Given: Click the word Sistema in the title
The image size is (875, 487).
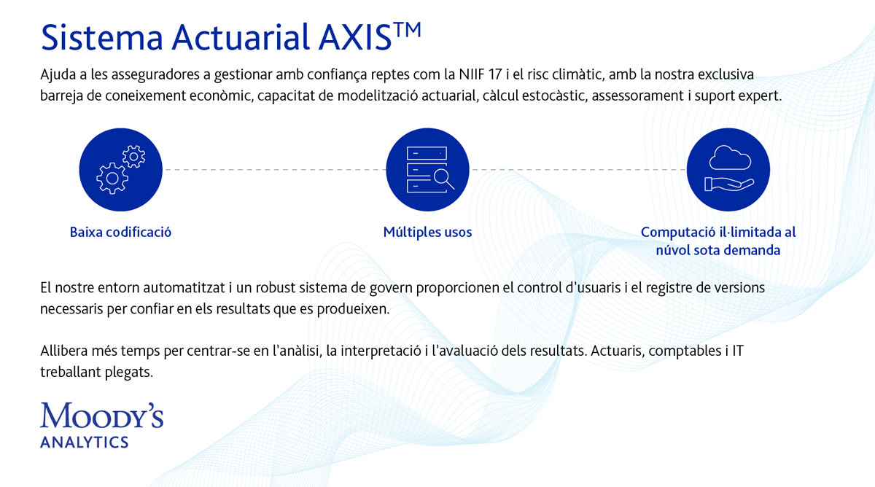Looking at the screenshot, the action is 102,37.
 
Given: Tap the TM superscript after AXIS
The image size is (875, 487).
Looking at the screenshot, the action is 407,30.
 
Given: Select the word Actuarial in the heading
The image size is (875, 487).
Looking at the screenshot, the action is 241,37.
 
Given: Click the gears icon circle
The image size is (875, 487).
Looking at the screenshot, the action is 121,169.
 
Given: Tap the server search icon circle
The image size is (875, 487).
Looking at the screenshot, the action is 427,169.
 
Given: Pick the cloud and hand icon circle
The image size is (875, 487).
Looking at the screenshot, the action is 728,169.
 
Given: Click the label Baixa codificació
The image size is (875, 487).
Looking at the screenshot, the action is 120,233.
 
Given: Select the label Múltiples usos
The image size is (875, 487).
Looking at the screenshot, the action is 427,233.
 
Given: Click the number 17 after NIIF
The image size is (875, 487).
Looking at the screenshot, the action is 495,74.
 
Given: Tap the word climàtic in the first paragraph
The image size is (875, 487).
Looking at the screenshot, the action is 578,74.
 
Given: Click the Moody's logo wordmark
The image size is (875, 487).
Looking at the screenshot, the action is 101,415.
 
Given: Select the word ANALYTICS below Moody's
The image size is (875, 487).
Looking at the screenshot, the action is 85,443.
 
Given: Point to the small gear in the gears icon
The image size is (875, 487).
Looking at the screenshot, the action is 133,157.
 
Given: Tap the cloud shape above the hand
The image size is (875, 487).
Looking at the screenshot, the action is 730,157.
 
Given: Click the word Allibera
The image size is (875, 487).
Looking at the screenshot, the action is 64,351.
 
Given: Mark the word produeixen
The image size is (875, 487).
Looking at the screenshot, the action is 353,309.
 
